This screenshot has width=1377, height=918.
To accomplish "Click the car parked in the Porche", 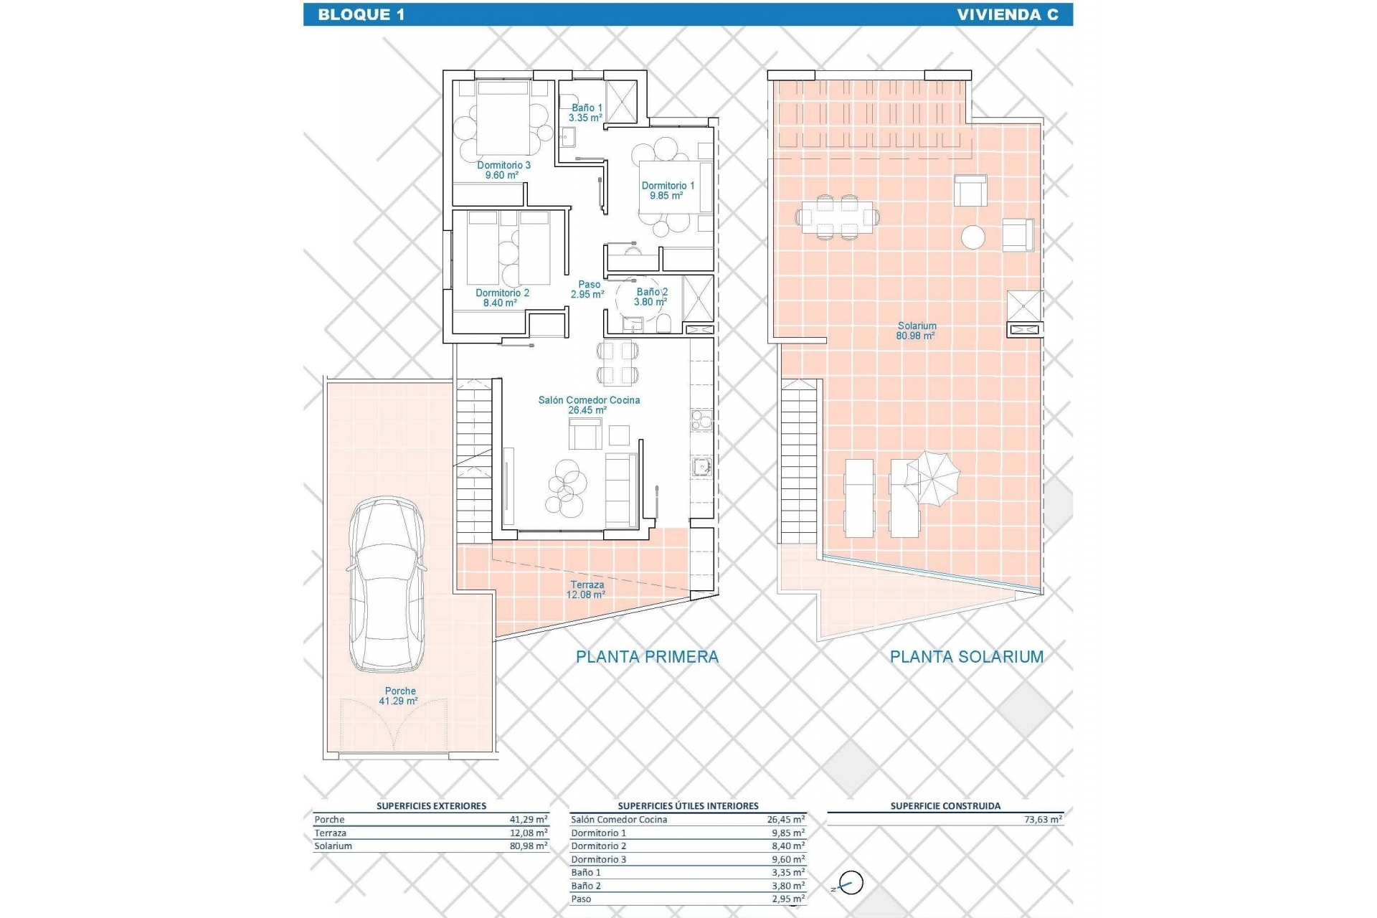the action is click(x=387, y=584).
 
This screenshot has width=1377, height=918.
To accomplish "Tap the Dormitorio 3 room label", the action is click(x=503, y=170).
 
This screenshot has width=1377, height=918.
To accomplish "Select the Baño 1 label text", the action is click(x=586, y=113).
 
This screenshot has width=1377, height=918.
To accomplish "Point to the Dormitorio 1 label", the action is click(x=667, y=190).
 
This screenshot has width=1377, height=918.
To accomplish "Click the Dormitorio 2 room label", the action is click(x=502, y=298).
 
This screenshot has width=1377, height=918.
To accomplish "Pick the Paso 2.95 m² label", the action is click(x=588, y=289).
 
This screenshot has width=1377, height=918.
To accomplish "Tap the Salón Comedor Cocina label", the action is click(x=589, y=405).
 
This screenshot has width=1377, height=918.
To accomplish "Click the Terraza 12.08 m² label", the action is click(x=587, y=590).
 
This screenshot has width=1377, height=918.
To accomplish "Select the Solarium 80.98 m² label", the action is click(x=916, y=331).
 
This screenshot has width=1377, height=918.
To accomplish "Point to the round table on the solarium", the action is click(x=973, y=237).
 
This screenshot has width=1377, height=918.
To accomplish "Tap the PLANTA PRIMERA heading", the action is click(x=647, y=656).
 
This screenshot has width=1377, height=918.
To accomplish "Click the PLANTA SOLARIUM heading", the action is click(x=966, y=656).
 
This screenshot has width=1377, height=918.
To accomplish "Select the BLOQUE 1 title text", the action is click(x=361, y=14).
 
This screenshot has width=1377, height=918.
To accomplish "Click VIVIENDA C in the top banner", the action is click(x=1007, y=14).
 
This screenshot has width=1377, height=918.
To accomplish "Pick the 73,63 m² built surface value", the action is click(x=1044, y=819).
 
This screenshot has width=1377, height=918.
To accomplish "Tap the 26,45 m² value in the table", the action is click(x=786, y=819).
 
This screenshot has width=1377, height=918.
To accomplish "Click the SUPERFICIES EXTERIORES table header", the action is click(x=431, y=806).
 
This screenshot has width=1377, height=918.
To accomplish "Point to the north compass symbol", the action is click(x=850, y=884).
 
